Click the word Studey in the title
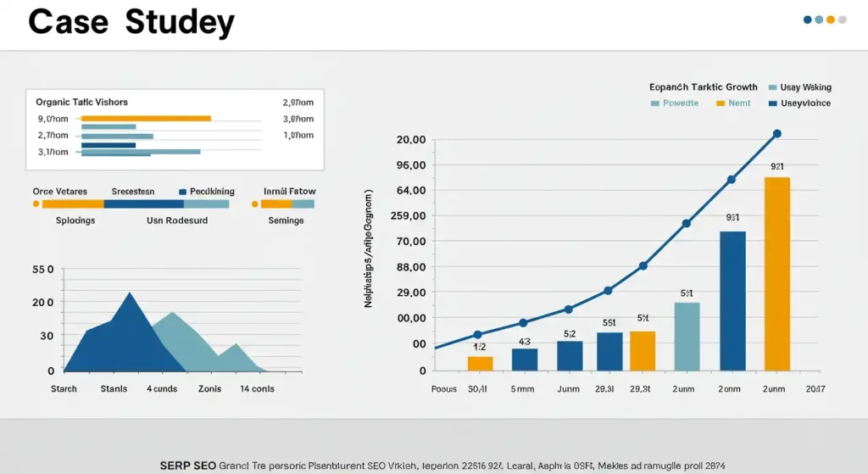pyautogui.click(x=180, y=22)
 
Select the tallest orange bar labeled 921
pyautogui.click(x=777, y=274)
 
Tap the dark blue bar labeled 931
pyautogui.click(x=732, y=301)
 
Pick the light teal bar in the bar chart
pyautogui.click(x=687, y=337)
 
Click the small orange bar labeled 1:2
pyautogui.click(x=480, y=363)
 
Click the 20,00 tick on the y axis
pyautogui.click(x=410, y=139)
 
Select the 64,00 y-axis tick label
pyautogui.click(x=410, y=190)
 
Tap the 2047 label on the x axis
pyautogui.click(x=815, y=389)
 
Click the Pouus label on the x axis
pyautogui.click(x=443, y=389)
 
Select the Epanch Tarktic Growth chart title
pyautogui.click(x=703, y=86)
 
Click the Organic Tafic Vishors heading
pyautogui.click(x=82, y=102)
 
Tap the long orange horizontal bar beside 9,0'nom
pyautogui.click(x=145, y=119)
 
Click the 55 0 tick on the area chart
pyautogui.click(x=42, y=270)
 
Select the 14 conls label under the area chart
pyautogui.click(x=257, y=389)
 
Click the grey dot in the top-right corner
pyautogui.click(x=843, y=19)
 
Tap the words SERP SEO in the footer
pyautogui.click(x=186, y=466)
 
